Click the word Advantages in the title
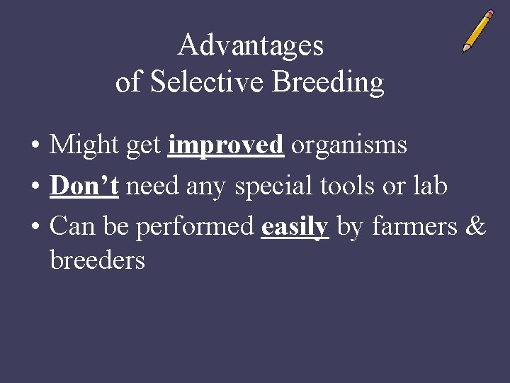(x=251, y=46)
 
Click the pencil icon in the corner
(x=478, y=31)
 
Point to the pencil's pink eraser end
(x=490, y=14)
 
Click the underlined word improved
(x=226, y=145)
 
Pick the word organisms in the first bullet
(x=349, y=145)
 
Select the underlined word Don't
(x=84, y=186)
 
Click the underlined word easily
(x=295, y=227)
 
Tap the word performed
(x=195, y=227)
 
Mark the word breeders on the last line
(x=97, y=260)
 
